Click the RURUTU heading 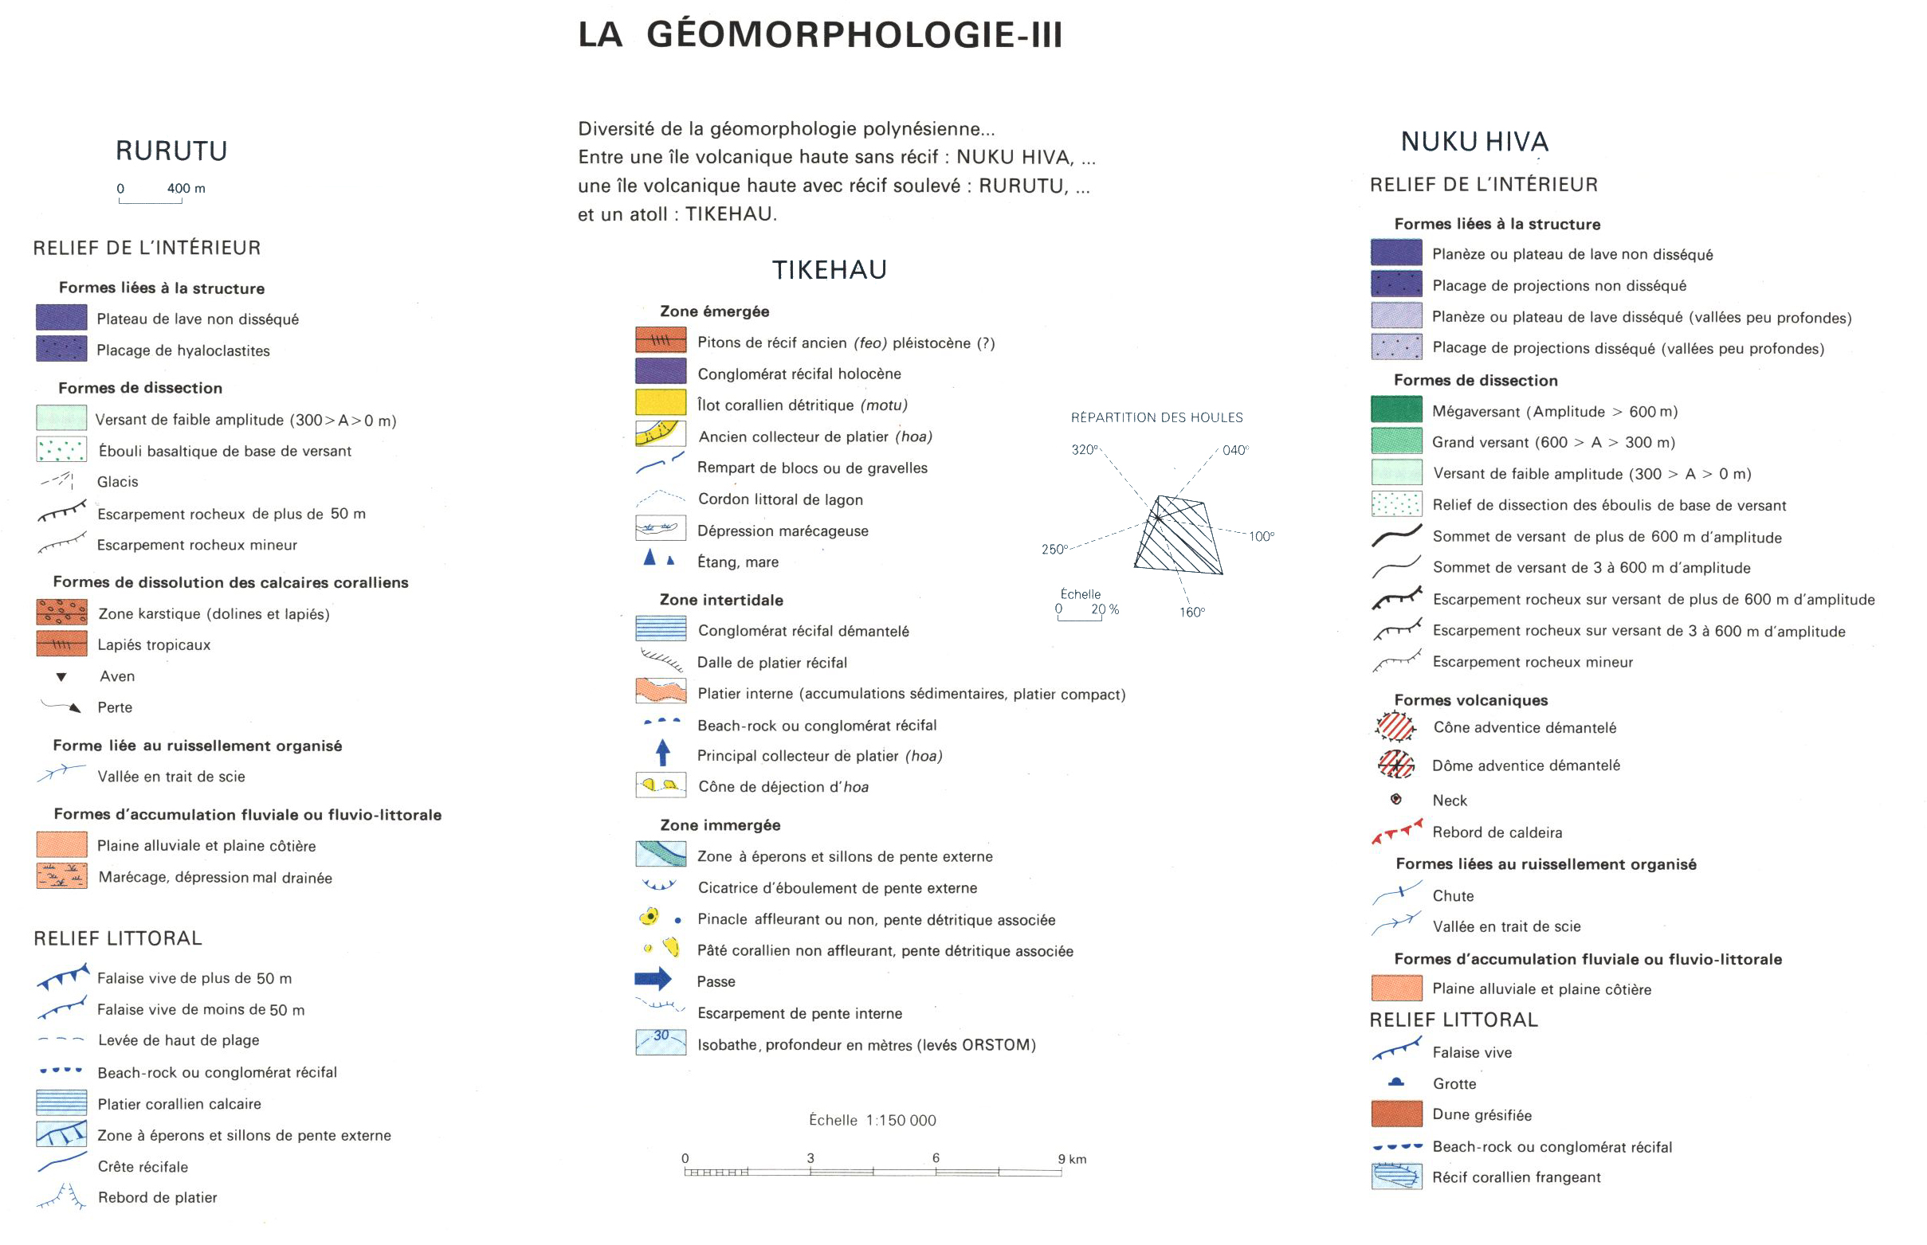pyautogui.click(x=171, y=151)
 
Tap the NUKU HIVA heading pyautogui.click(x=1474, y=143)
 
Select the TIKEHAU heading pyautogui.click(x=829, y=270)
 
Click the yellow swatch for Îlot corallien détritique pyautogui.click(x=661, y=402)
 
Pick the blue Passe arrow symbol pyautogui.click(x=653, y=979)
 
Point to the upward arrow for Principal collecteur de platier pyautogui.click(x=662, y=753)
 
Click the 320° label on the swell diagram pyautogui.click(x=1085, y=449)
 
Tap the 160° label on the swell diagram pyautogui.click(x=1191, y=612)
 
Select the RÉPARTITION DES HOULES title pyautogui.click(x=1156, y=418)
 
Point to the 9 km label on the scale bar pyautogui.click(x=1071, y=1159)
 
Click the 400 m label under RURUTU pyautogui.click(x=186, y=188)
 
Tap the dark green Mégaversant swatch pyautogui.click(x=1395, y=410)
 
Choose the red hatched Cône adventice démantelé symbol pyautogui.click(x=1395, y=726)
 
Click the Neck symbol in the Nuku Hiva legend pyautogui.click(x=1395, y=800)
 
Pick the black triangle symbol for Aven pyautogui.click(x=61, y=677)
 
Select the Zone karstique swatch pyautogui.click(x=61, y=612)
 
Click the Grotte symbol pyautogui.click(x=1395, y=1082)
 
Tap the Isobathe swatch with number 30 pyautogui.click(x=661, y=1042)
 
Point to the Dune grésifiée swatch pyautogui.click(x=1395, y=1114)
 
